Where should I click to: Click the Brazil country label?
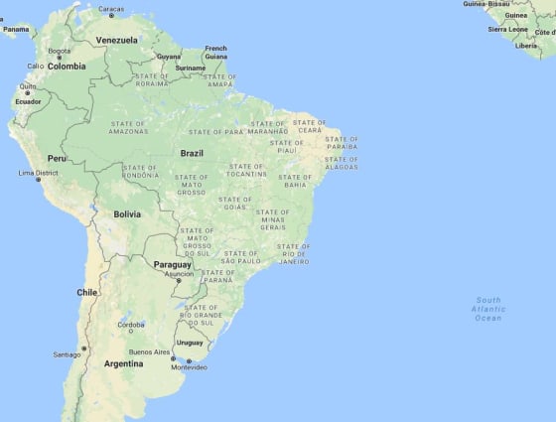click(192, 153)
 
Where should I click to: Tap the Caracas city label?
click(111, 9)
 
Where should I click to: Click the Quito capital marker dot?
click(26, 92)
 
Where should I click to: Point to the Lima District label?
click(39, 173)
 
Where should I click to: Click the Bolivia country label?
click(127, 213)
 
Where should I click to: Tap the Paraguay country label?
click(172, 265)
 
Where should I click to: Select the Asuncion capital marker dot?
click(179, 281)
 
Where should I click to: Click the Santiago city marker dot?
click(84, 348)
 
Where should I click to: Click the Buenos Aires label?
click(149, 352)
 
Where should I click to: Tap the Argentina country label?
click(124, 363)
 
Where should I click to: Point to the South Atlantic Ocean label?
click(487, 309)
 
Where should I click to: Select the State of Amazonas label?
click(129, 126)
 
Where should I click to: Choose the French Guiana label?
click(215, 52)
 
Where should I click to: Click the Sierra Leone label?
click(507, 30)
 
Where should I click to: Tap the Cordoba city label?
click(131, 325)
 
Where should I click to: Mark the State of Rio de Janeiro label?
click(294, 253)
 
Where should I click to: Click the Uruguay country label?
click(190, 343)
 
